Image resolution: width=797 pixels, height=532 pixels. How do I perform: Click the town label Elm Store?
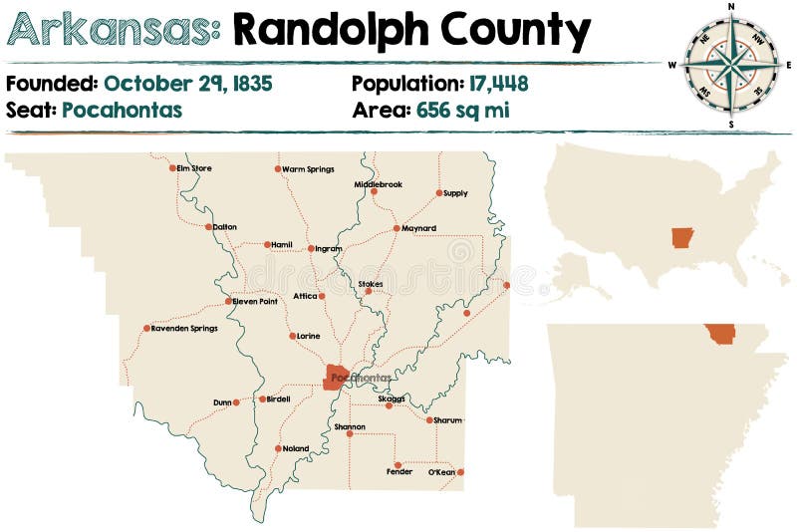194,168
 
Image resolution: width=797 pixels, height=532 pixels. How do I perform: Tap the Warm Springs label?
308,168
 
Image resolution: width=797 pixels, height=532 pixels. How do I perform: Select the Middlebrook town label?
379,184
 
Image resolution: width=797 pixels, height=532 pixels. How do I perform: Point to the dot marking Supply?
438,192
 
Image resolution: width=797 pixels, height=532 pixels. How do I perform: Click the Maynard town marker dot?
397,228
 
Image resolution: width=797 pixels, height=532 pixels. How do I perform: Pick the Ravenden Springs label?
184,328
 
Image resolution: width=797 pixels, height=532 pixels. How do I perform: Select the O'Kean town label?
440,472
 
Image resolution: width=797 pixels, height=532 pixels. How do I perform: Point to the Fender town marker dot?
397,464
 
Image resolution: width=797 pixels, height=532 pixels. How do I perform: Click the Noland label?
296,448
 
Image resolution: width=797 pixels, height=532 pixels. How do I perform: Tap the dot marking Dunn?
236,402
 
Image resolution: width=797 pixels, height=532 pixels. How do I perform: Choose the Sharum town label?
448,420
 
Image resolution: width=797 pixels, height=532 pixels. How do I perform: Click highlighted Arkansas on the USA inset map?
682,238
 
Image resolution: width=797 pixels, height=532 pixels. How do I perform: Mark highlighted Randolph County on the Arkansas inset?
719,334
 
